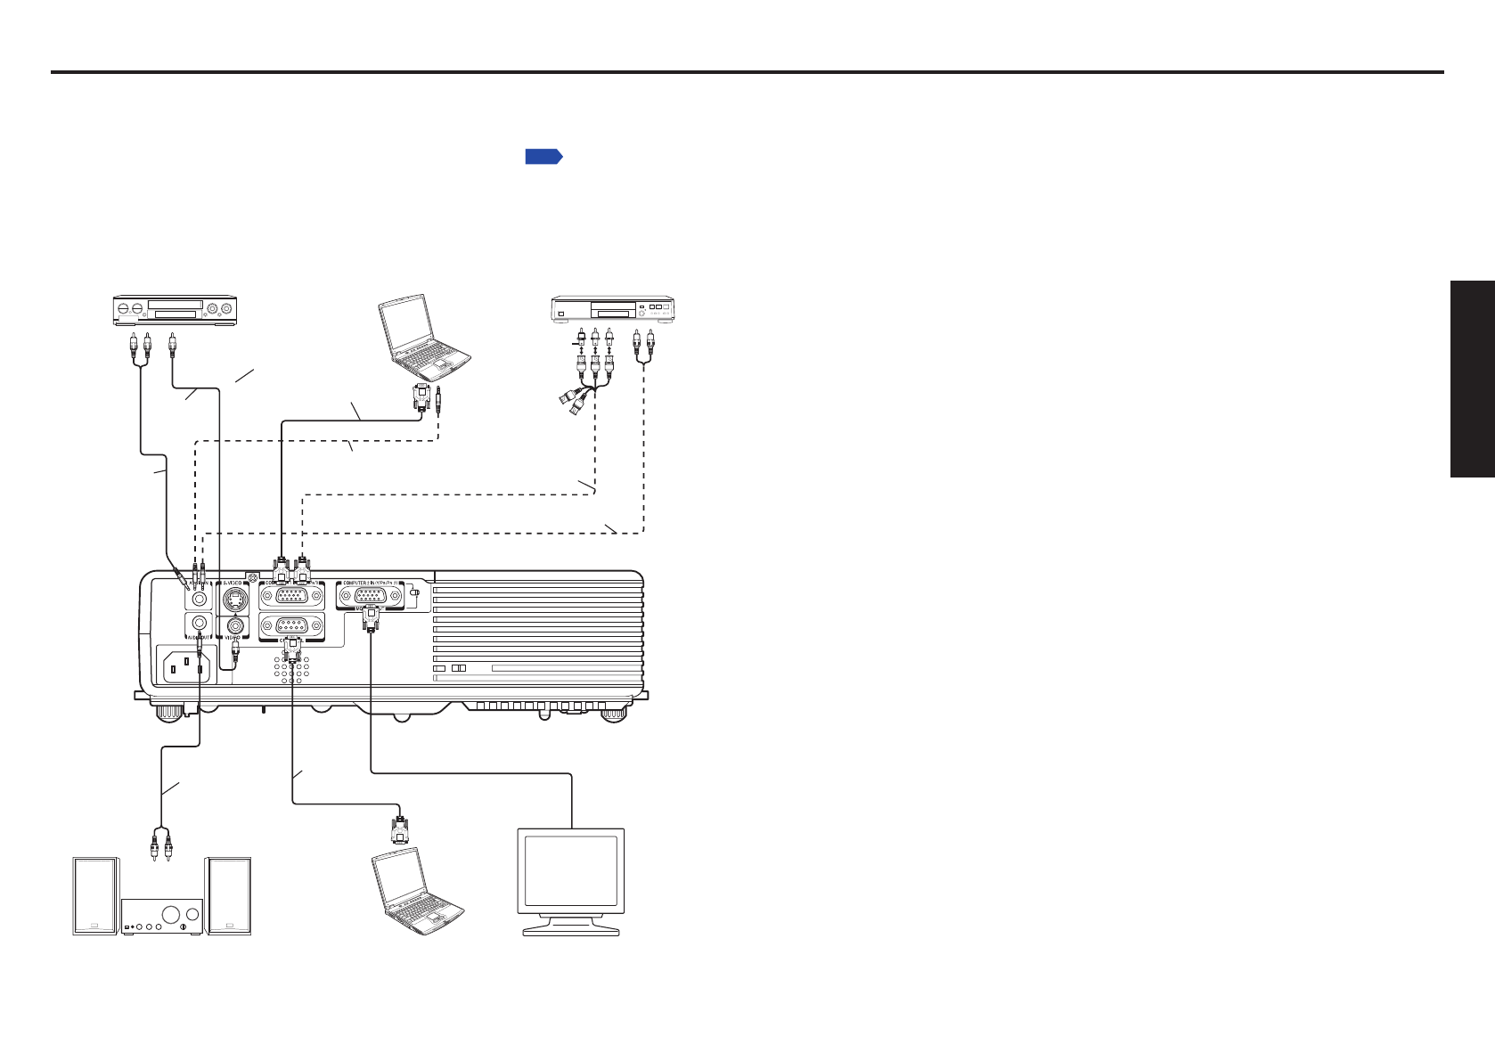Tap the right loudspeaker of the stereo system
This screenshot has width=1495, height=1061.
(228, 895)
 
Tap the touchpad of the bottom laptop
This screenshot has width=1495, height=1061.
(434, 917)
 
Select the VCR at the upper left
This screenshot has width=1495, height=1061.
(173, 309)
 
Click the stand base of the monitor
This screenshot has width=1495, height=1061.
(571, 930)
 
